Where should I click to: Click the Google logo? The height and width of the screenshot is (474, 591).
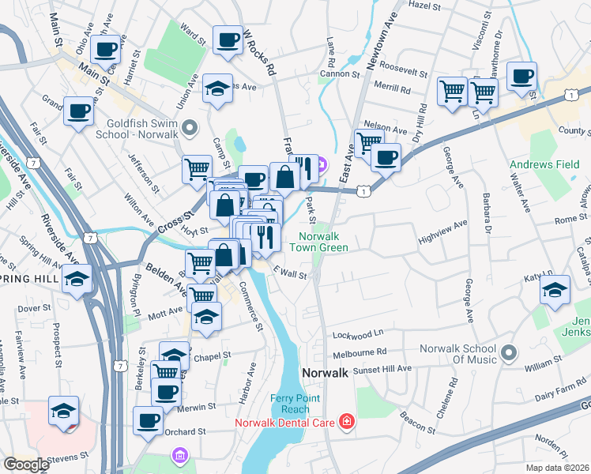(26, 465)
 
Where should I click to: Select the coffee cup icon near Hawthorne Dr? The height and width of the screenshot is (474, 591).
(521, 77)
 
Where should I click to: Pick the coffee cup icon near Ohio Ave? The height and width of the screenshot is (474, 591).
(106, 49)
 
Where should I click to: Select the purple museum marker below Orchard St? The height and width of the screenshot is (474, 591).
(179, 456)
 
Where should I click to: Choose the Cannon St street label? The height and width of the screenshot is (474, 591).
(340, 75)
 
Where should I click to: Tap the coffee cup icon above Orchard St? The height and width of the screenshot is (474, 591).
(147, 419)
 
